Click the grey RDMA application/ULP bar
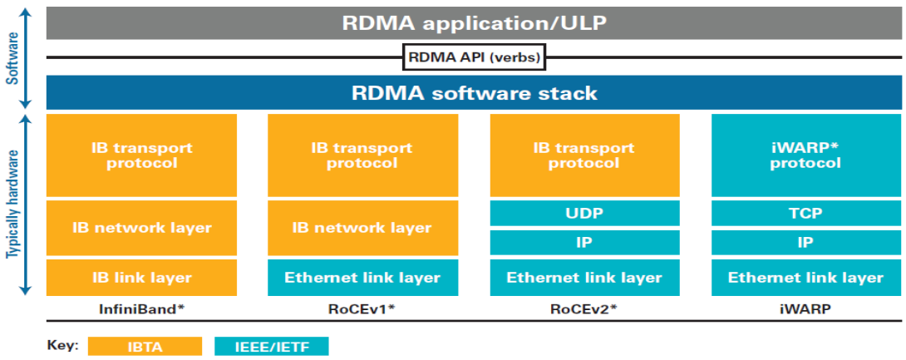click(x=474, y=23)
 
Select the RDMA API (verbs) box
click(x=474, y=57)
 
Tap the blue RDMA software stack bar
click(x=474, y=92)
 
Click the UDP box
click(x=584, y=213)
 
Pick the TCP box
click(x=806, y=213)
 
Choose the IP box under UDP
click(x=584, y=243)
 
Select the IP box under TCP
click(x=806, y=243)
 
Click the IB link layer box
click(x=141, y=278)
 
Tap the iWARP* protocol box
click(x=806, y=155)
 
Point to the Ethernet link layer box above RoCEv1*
click(x=363, y=278)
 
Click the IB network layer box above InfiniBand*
click(x=141, y=228)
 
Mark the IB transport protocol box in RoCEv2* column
click(x=584, y=155)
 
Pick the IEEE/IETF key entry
click(x=271, y=346)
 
